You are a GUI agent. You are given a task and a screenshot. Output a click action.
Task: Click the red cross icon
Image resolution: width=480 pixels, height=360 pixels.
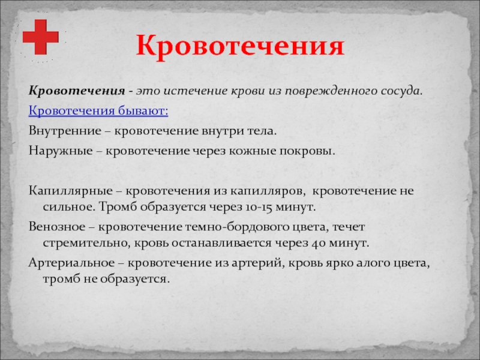[40, 37]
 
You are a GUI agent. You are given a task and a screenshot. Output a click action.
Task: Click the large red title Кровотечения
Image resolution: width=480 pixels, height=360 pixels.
[241, 47]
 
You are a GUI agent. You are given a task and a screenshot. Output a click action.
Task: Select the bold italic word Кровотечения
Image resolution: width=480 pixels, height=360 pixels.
[77, 91]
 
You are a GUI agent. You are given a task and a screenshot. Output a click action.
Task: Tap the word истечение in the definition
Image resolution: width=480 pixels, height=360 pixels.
[194, 91]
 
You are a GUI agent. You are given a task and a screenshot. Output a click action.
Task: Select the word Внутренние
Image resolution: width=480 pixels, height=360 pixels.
[65, 131]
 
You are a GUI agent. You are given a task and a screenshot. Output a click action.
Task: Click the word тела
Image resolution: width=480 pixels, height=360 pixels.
[262, 131]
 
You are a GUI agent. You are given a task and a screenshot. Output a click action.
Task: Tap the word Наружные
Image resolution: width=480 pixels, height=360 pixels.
[61, 151]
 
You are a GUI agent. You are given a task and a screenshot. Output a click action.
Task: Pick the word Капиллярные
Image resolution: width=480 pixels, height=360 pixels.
[71, 191]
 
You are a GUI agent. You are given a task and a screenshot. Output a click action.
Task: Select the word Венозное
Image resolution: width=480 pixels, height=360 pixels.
[57, 227]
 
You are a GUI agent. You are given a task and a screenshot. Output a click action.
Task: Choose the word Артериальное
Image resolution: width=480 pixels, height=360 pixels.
[71, 263]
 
